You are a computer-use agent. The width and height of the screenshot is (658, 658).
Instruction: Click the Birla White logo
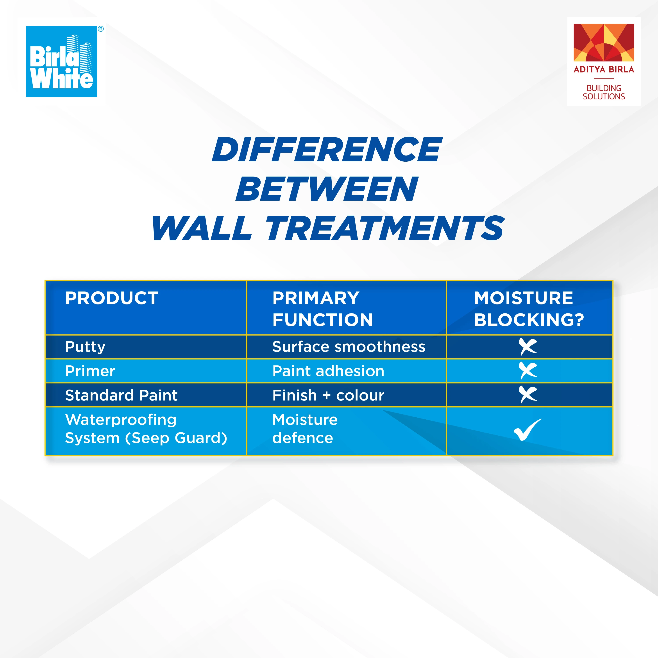click(x=62, y=62)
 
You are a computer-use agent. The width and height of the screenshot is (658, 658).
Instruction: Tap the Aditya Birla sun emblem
click(x=604, y=43)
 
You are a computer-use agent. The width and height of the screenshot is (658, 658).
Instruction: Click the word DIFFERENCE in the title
click(x=327, y=150)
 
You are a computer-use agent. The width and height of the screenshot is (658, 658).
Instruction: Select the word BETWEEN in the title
click(x=327, y=189)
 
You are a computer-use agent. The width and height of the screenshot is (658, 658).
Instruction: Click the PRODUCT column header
click(x=112, y=298)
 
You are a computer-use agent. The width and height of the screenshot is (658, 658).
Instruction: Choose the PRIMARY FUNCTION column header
click(x=322, y=309)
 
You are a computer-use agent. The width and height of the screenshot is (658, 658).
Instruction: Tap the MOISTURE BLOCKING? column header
click(x=529, y=309)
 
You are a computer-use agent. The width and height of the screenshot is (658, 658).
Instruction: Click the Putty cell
click(x=85, y=347)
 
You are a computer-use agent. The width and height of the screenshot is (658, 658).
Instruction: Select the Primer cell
click(x=90, y=371)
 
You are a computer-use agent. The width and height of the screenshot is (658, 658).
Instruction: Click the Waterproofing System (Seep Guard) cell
click(x=146, y=429)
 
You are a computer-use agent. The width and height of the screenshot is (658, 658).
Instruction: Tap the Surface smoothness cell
click(x=349, y=347)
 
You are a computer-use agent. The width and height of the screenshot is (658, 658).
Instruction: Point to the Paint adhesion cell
click(x=328, y=371)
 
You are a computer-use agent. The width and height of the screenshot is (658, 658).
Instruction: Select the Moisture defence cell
click(x=305, y=429)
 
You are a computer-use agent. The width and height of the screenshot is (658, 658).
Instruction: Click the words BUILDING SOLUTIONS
click(x=604, y=92)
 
